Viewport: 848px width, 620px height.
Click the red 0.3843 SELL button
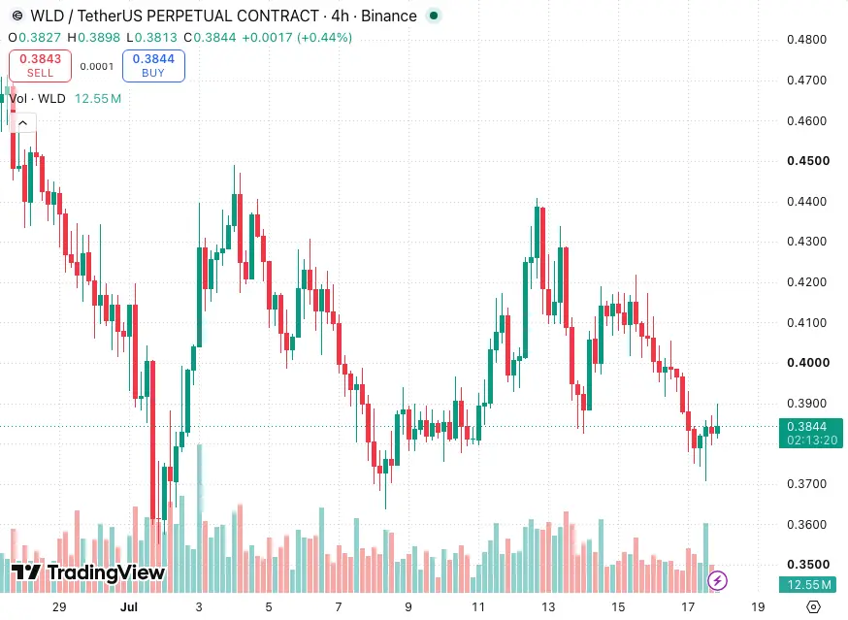pyautogui.click(x=40, y=65)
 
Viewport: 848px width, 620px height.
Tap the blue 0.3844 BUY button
pyautogui.click(x=153, y=65)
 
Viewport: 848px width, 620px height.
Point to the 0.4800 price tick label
pyautogui.click(x=806, y=40)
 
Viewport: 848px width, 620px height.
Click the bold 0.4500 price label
pyautogui.click(x=808, y=161)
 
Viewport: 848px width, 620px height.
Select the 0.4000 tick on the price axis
pyautogui.click(x=808, y=363)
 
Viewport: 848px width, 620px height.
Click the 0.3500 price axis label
pyautogui.click(x=808, y=565)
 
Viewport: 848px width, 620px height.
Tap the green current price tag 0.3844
pyautogui.click(x=811, y=433)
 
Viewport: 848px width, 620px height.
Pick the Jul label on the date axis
pyautogui.click(x=129, y=607)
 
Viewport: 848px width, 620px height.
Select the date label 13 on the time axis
pyautogui.click(x=548, y=607)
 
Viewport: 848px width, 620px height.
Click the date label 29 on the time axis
pyautogui.click(x=59, y=607)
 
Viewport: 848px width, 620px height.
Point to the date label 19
pyautogui.click(x=758, y=607)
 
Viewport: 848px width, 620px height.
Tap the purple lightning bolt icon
pyautogui.click(x=718, y=581)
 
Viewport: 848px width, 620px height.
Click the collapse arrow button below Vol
pyautogui.click(x=22, y=123)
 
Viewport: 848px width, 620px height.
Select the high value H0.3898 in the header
pyautogui.click(x=93, y=37)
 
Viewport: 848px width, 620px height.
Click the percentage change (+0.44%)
pyautogui.click(x=324, y=37)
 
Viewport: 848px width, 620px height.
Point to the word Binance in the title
pyautogui.click(x=389, y=16)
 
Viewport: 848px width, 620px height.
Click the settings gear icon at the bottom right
pyautogui.click(x=813, y=607)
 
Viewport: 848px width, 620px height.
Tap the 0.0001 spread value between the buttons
pyautogui.click(x=97, y=67)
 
